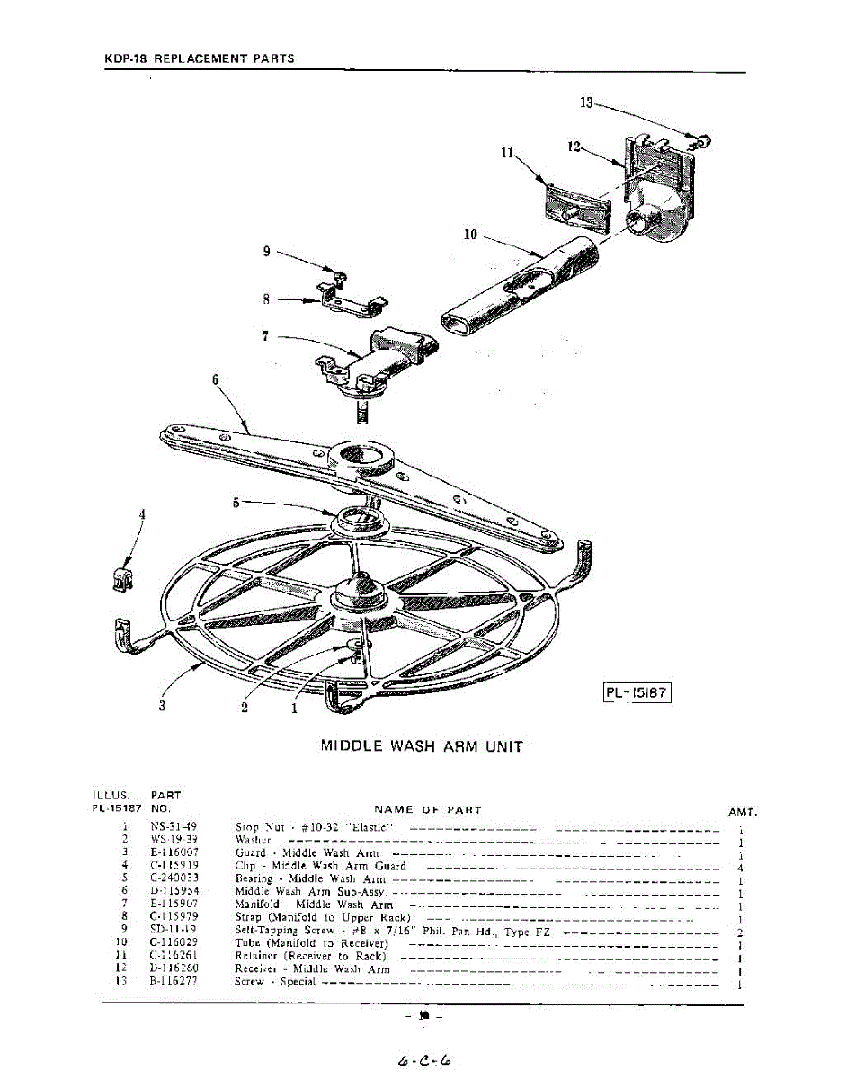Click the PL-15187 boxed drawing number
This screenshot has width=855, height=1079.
[637, 694]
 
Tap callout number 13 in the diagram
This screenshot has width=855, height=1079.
[586, 103]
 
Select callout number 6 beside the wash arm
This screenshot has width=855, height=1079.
[215, 379]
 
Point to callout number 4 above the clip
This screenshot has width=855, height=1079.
[141, 514]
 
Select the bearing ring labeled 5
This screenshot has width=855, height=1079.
[359, 520]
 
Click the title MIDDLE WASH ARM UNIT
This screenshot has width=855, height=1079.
[422, 746]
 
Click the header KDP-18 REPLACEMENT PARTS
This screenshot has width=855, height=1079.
[199, 59]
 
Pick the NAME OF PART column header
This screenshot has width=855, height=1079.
[428, 810]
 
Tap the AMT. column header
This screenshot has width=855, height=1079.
[743, 812]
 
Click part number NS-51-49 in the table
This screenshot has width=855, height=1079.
[174, 826]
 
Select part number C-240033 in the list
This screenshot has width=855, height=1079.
[174, 878]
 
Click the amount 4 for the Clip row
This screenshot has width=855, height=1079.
[738, 869]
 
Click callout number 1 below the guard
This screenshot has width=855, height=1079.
[293, 708]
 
